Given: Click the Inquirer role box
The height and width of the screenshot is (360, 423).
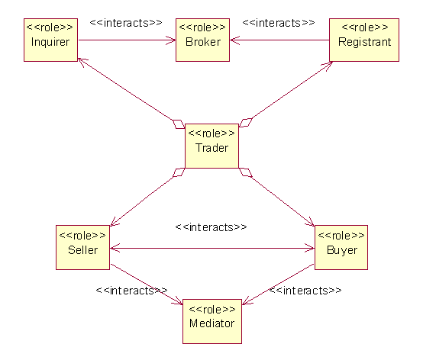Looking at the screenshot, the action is tap(50, 40).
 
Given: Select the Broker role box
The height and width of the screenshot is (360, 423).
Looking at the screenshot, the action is tap(202, 40).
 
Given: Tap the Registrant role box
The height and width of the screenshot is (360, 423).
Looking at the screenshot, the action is tap(364, 40).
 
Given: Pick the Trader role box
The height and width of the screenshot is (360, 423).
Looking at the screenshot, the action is tap(211, 146).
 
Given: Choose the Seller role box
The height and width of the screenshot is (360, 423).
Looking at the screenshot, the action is tap(82, 247).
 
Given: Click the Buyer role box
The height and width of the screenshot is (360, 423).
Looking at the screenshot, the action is tap(341, 247).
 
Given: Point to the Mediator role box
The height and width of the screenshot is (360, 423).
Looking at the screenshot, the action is tap(212, 321).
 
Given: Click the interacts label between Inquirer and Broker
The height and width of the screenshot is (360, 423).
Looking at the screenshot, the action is tap(126, 23).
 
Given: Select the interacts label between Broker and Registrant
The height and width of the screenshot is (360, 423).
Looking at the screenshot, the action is tap(279, 23).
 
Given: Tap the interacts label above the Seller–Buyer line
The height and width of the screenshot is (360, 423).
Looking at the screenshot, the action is tap(211, 227).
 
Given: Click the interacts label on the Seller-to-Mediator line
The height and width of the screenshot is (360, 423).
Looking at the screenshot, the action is tap(131, 291).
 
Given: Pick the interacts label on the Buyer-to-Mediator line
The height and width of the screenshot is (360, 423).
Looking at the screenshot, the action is tap(305, 291).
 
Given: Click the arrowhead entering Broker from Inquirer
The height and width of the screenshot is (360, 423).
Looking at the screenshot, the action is tap(171, 40).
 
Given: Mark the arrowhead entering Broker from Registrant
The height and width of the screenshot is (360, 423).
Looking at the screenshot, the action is tap(234, 40).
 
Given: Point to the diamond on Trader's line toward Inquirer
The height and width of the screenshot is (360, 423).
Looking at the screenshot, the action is tap(179, 124).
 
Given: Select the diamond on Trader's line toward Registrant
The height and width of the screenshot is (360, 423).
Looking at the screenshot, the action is tap(246, 123).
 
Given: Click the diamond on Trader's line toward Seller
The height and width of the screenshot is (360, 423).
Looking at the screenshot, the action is tap(179, 172).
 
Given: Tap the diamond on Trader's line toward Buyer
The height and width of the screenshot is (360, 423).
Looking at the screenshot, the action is tap(246, 172).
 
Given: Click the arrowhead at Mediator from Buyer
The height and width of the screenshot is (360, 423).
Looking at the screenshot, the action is tap(247, 301).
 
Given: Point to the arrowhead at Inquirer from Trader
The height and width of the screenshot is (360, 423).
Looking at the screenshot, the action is tap(82, 63).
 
